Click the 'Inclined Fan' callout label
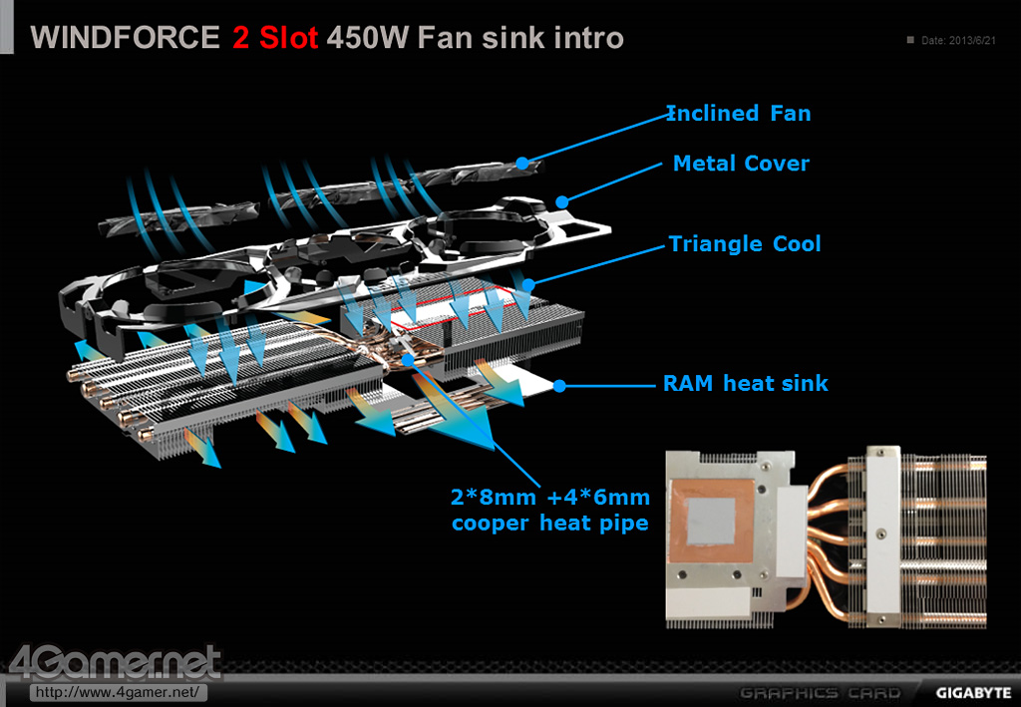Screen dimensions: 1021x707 739,114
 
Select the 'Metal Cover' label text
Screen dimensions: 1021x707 741,163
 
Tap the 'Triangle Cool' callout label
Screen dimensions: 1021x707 745,243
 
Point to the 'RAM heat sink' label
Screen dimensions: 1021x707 746,383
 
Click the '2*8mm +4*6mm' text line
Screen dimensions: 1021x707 550,498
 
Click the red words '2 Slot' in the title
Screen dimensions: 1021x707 275,38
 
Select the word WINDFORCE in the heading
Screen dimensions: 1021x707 125,38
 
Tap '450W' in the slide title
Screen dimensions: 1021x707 368,38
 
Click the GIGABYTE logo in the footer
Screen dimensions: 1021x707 973,693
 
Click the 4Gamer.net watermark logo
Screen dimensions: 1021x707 116,662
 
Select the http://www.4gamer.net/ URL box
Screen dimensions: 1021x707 118,692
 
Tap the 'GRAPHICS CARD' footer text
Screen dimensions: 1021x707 821,693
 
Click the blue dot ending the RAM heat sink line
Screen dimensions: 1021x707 559,386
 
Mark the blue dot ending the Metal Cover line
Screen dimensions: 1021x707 562,202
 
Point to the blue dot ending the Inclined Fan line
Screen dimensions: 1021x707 522,163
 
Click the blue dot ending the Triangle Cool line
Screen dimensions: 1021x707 528,284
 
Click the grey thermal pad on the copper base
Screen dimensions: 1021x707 711,521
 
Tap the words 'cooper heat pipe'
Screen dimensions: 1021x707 550,523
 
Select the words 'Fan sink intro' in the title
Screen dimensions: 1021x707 520,38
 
